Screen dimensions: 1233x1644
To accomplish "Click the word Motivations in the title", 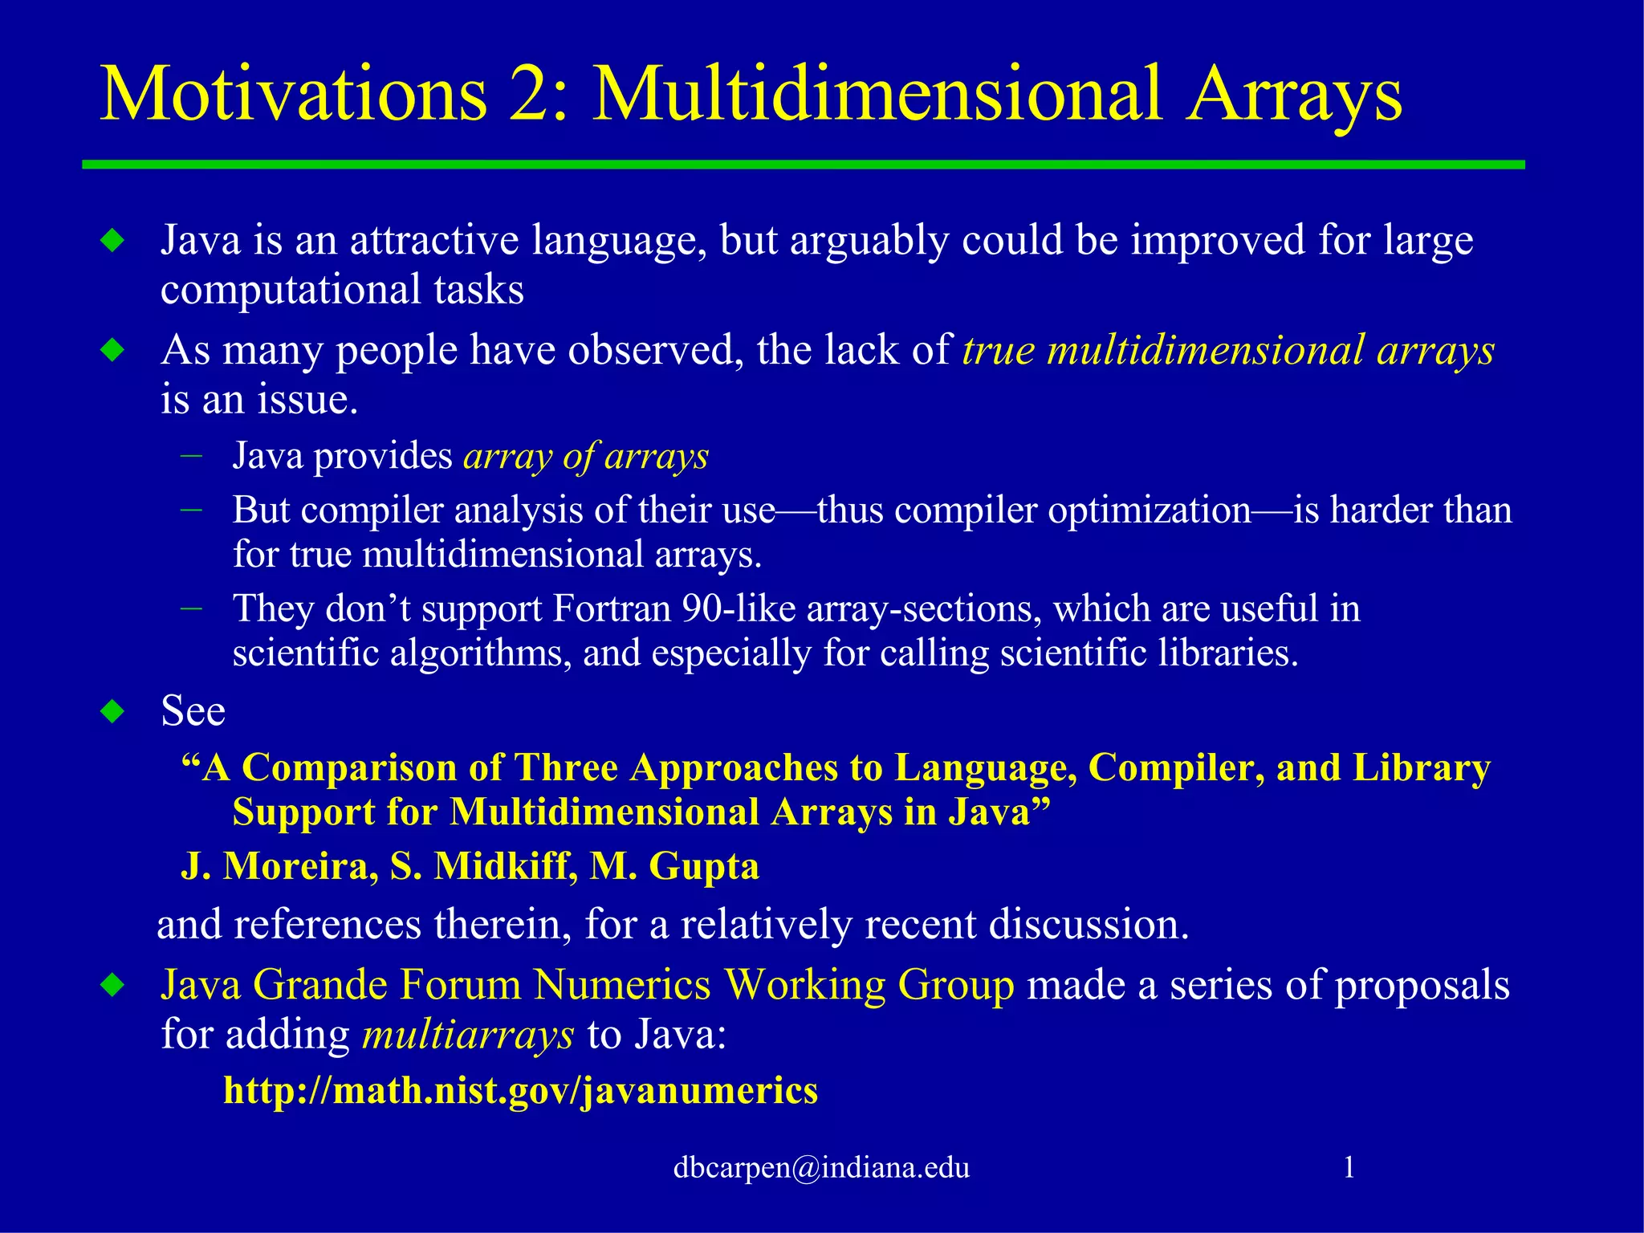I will (x=293, y=95).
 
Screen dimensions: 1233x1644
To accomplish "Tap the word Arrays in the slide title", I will (x=1294, y=95).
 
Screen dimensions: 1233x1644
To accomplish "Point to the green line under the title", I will (x=803, y=165).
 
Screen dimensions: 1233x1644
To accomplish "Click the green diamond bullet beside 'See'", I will (x=113, y=712).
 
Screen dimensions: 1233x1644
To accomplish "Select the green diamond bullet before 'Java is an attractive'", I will (x=113, y=240).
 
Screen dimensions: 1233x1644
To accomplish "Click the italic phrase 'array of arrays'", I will (x=586, y=456).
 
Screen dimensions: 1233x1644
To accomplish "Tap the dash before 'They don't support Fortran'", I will (x=192, y=608).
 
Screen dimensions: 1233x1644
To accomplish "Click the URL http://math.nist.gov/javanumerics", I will (x=520, y=1091).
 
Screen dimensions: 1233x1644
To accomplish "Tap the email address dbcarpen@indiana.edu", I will (x=821, y=1167).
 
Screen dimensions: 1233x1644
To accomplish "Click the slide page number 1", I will (x=1349, y=1167).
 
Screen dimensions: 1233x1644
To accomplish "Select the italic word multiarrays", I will (x=468, y=1035).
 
